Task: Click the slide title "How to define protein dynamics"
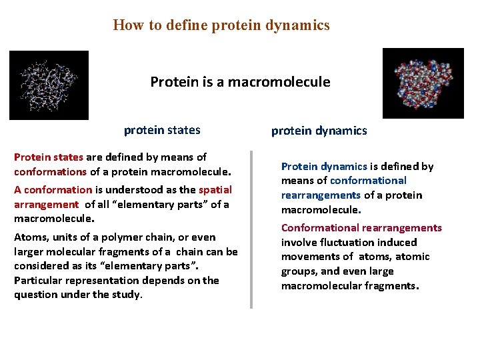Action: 221,25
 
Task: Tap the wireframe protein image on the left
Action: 49,85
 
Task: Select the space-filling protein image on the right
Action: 423,83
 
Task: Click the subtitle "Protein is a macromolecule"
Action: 240,82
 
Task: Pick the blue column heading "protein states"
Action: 162,130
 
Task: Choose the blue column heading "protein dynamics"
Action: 319,131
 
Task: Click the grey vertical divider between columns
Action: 251,229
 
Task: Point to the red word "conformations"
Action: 50,171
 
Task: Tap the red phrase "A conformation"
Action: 53,189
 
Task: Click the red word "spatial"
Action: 215,189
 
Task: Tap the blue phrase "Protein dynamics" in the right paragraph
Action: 324,166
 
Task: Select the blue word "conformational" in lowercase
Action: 368,181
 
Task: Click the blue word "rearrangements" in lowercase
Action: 321,195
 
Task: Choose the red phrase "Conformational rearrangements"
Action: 361,228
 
